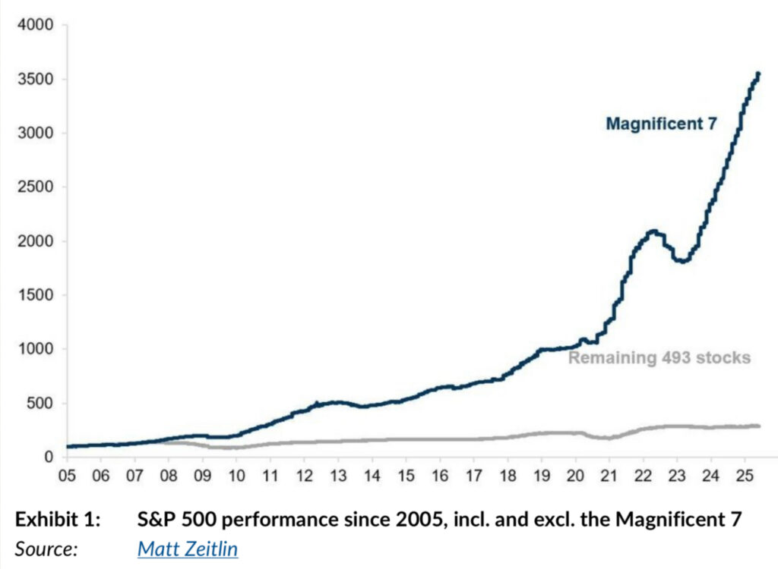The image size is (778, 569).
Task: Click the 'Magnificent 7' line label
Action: pyautogui.click(x=660, y=124)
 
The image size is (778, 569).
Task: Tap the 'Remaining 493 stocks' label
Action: pyautogui.click(x=659, y=357)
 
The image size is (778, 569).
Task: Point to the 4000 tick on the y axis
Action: pyautogui.click(x=36, y=25)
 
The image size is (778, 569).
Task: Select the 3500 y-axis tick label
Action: pyautogui.click(x=36, y=79)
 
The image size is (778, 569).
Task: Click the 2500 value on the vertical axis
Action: pyautogui.click(x=36, y=187)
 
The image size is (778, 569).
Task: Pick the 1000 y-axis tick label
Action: pyautogui.click(x=36, y=349)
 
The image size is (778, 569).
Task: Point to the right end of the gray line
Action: pyautogui.click(x=758, y=426)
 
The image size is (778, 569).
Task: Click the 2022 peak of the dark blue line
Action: pyautogui.click(x=652, y=231)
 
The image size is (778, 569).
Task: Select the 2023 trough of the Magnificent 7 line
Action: pyautogui.click(x=684, y=262)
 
